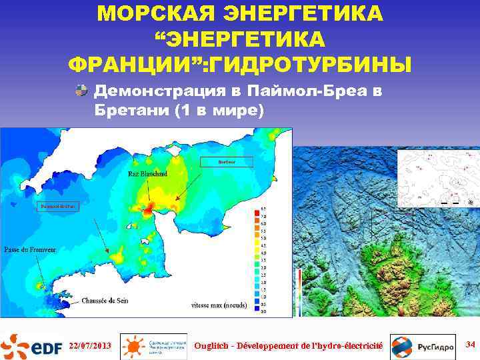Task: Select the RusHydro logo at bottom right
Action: [413, 346]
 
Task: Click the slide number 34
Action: [470, 344]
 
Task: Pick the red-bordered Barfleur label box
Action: [227, 161]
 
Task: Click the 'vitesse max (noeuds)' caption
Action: [219, 306]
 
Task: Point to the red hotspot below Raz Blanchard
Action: [147, 209]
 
